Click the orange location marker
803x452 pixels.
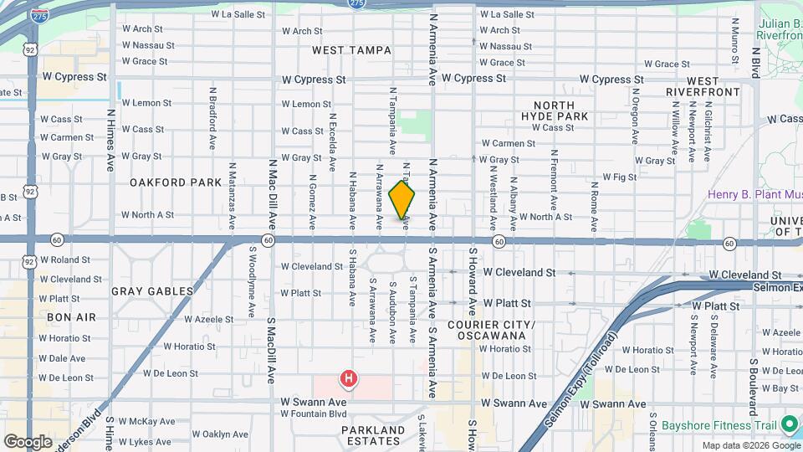click(x=402, y=200)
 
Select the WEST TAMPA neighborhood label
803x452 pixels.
click(x=351, y=50)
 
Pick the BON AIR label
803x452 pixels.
click(x=71, y=317)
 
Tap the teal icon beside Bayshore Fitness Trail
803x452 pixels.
click(x=787, y=425)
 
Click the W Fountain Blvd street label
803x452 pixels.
click(x=314, y=413)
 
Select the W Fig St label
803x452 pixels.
click(x=620, y=177)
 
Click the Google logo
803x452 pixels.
click(x=28, y=441)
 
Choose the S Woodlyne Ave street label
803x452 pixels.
click(x=252, y=281)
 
